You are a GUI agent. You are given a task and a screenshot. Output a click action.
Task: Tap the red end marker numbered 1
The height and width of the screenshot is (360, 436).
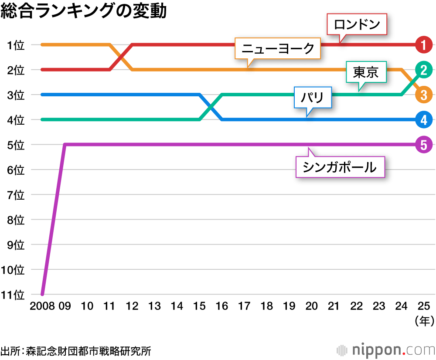tap(424, 44)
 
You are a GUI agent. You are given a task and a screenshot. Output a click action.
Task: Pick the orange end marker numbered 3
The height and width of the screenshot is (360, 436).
tap(424, 95)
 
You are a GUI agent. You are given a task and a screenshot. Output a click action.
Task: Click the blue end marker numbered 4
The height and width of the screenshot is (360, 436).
tap(424, 119)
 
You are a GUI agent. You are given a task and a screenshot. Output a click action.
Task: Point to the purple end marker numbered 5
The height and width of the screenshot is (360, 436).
tap(424, 144)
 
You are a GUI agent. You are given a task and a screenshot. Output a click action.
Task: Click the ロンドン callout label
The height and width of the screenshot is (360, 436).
tap(357, 25)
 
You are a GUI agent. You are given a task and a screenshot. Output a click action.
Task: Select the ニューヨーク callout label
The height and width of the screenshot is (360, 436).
tap(278, 48)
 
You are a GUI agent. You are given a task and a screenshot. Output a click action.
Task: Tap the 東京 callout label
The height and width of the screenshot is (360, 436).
tap(366, 72)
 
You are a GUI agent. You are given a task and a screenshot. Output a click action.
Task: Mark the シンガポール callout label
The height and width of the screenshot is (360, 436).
tap(340, 167)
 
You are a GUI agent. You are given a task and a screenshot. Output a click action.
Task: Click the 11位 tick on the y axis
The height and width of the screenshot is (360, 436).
tap(13, 295)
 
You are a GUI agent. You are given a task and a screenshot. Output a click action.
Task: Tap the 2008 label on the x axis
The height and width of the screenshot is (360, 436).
tap(42, 306)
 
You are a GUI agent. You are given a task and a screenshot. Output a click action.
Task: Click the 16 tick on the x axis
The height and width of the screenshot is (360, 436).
tap(222, 306)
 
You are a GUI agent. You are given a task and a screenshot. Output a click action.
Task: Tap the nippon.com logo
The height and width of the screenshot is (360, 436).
tap(386, 350)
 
